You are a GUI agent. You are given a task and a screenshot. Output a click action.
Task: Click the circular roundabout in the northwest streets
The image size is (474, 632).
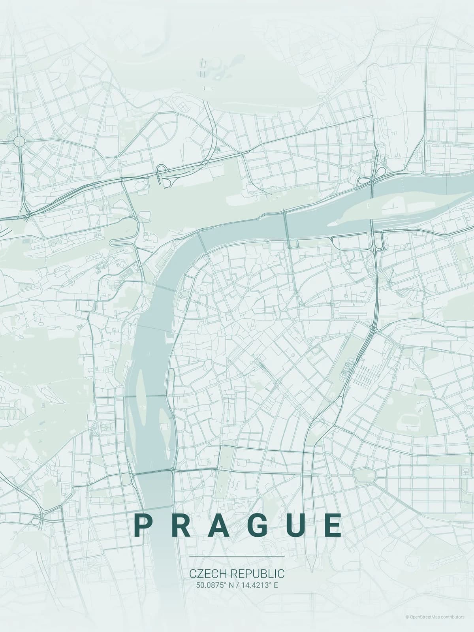(19, 141)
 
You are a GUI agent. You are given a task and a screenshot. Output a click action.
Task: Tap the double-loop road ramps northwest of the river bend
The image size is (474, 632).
(164, 177)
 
